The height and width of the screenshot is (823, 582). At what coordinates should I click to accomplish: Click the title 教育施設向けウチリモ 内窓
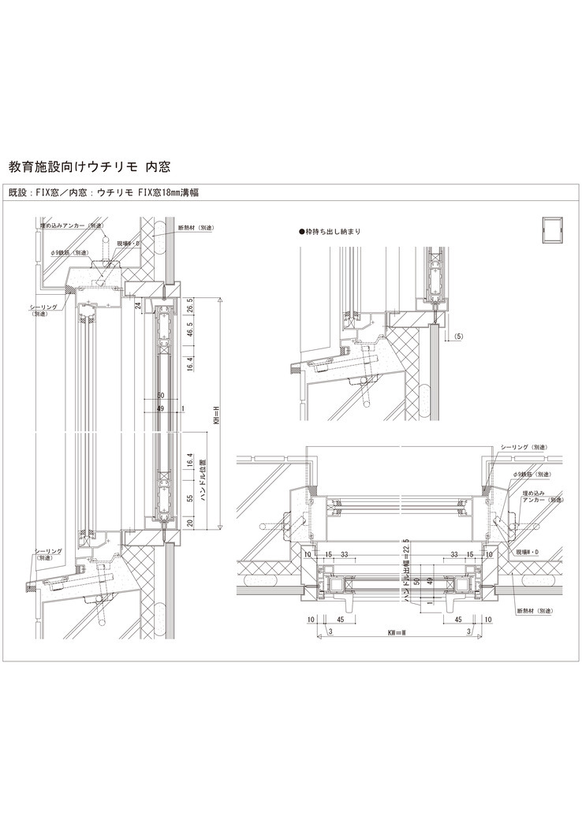point(88,167)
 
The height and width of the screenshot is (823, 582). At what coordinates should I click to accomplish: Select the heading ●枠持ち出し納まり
point(330,232)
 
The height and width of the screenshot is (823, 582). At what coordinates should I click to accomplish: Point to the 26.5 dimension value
point(189,307)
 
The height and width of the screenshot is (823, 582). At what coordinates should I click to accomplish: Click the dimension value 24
point(137,304)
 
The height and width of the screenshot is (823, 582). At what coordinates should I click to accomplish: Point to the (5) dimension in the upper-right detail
point(459,336)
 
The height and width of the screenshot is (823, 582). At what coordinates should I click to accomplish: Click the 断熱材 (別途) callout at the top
point(196,227)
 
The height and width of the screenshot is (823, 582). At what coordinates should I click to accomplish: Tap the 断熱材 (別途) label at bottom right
point(532,610)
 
